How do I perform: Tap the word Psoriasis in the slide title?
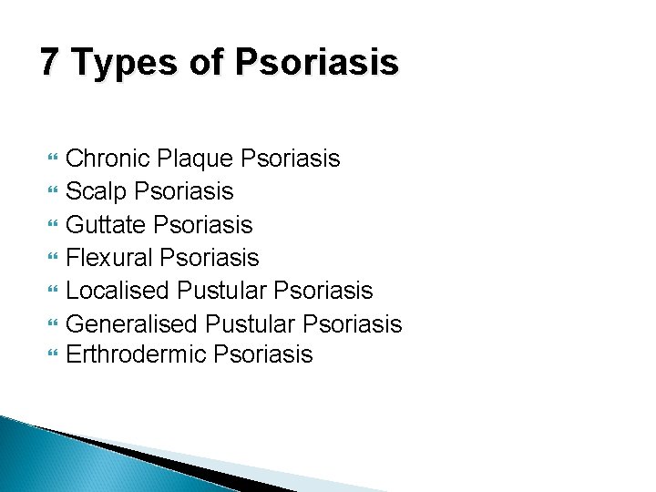(316, 63)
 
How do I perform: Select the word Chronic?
(108, 159)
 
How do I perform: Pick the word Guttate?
(107, 225)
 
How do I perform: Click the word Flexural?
(110, 258)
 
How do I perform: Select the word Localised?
(118, 291)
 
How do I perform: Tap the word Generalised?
(132, 323)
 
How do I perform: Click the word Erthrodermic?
(136, 354)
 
